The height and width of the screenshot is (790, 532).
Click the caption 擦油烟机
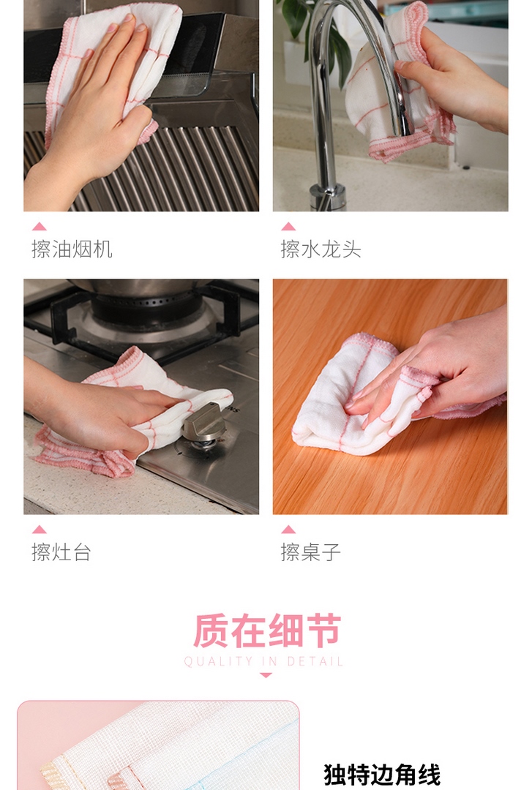[x=72, y=249]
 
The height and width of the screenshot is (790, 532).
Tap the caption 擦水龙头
[x=321, y=249]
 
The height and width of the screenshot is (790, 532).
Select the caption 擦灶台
[x=61, y=552]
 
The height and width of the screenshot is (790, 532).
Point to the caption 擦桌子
[x=310, y=552]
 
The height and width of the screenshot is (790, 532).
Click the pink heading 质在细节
[x=267, y=631]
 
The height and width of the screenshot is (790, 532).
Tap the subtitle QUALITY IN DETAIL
[x=263, y=661]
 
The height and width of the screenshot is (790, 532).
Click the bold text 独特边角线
[x=382, y=775]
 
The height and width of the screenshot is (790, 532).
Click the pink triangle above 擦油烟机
[x=39, y=226]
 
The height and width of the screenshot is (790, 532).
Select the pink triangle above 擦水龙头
[x=288, y=226]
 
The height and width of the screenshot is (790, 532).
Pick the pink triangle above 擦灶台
[x=39, y=529]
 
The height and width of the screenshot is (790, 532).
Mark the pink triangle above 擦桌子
[x=288, y=529]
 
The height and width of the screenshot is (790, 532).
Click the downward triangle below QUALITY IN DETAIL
[x=266, y=674]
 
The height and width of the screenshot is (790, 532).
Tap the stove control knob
[x=205, y=424]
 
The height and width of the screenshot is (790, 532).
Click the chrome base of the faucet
[x=327, y=197]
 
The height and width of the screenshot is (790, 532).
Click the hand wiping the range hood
[x=91, y=116]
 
